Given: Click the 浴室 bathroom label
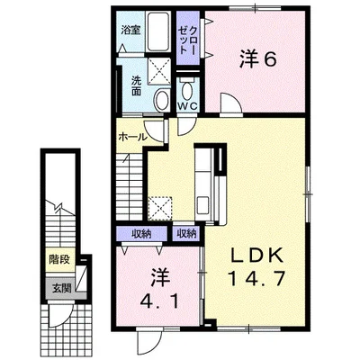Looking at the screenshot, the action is [130, 31].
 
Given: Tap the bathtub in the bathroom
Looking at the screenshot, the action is [157, 31].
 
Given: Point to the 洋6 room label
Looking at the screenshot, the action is [257, 60].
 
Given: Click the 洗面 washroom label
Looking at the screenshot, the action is [137, 86].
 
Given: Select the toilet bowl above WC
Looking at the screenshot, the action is [187, 87].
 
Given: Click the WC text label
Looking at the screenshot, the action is [188, 105].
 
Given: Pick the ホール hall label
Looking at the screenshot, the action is [132, 137].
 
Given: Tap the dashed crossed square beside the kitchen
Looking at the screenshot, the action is [160, 209].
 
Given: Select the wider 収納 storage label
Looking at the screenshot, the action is [142, 233].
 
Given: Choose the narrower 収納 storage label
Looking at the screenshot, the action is [186, 233].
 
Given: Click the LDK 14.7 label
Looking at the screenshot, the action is [256, 267].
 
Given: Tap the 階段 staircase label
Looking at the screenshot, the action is [59, 259].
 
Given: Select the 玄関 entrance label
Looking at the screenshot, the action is [62, 288].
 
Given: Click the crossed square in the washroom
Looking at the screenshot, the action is [159, 71].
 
